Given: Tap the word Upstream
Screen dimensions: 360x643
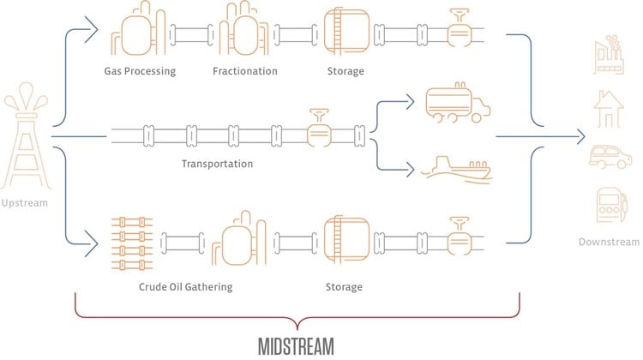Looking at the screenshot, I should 26,202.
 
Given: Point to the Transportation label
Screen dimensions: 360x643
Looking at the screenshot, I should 218,163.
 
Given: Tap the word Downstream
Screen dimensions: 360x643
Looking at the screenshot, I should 609,243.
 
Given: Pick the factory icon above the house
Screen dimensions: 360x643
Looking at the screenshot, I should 608,53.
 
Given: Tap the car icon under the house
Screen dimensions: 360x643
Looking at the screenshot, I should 608,157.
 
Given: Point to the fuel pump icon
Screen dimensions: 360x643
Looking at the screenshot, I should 608,207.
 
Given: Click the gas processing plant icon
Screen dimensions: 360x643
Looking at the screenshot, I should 140,32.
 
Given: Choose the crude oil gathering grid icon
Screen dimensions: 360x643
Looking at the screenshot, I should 130,239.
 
